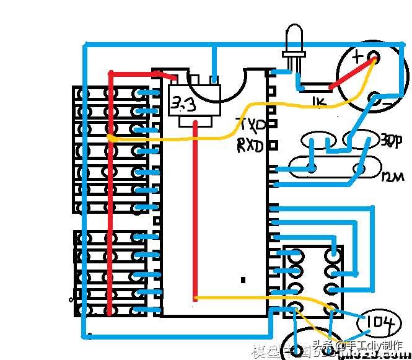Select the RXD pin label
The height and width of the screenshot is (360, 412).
click(250, 147)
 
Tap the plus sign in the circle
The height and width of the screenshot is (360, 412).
click(357, 57)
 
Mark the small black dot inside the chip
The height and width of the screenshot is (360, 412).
click(243, 280)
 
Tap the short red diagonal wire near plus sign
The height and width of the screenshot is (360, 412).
click(352, 73)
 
